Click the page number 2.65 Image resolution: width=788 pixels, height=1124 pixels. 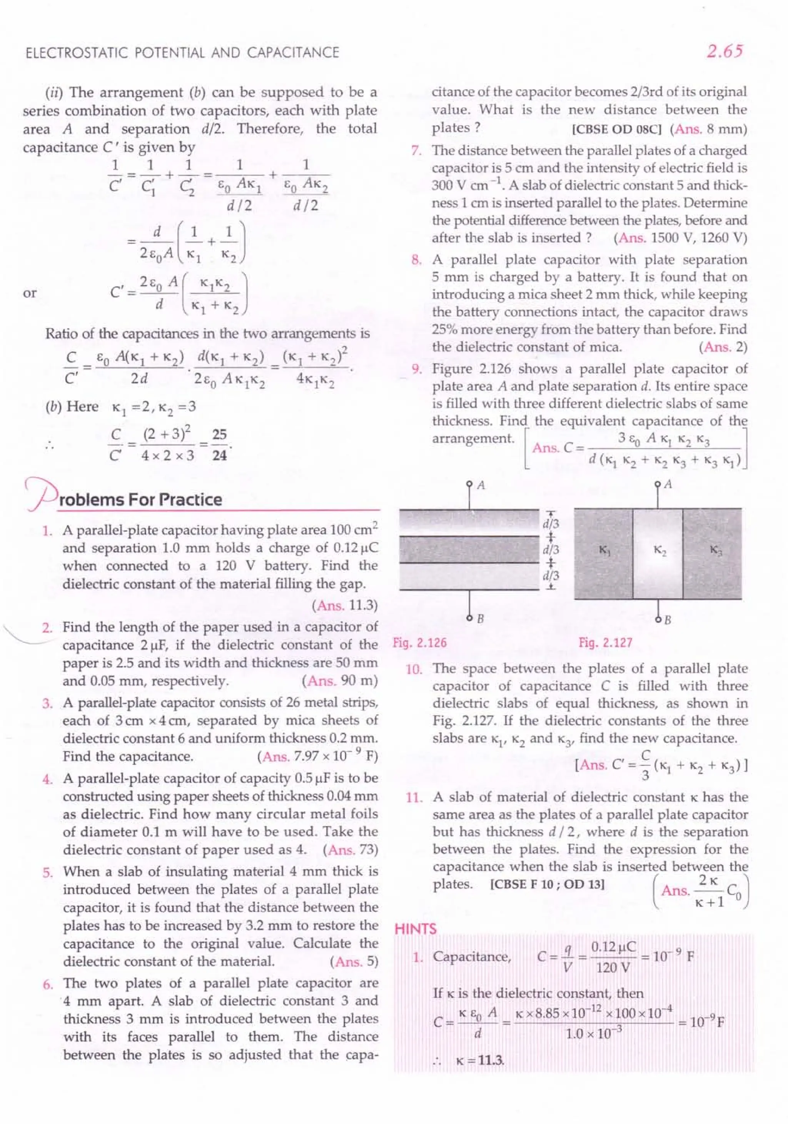725,51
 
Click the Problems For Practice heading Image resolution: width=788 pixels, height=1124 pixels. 140,499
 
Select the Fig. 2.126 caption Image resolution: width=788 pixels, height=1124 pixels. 420,643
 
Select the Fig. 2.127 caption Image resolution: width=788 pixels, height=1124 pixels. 606,643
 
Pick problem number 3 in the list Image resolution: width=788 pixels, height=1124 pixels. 47,703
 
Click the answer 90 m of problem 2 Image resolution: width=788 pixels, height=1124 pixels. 360,681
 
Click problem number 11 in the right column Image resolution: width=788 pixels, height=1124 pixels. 414,798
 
